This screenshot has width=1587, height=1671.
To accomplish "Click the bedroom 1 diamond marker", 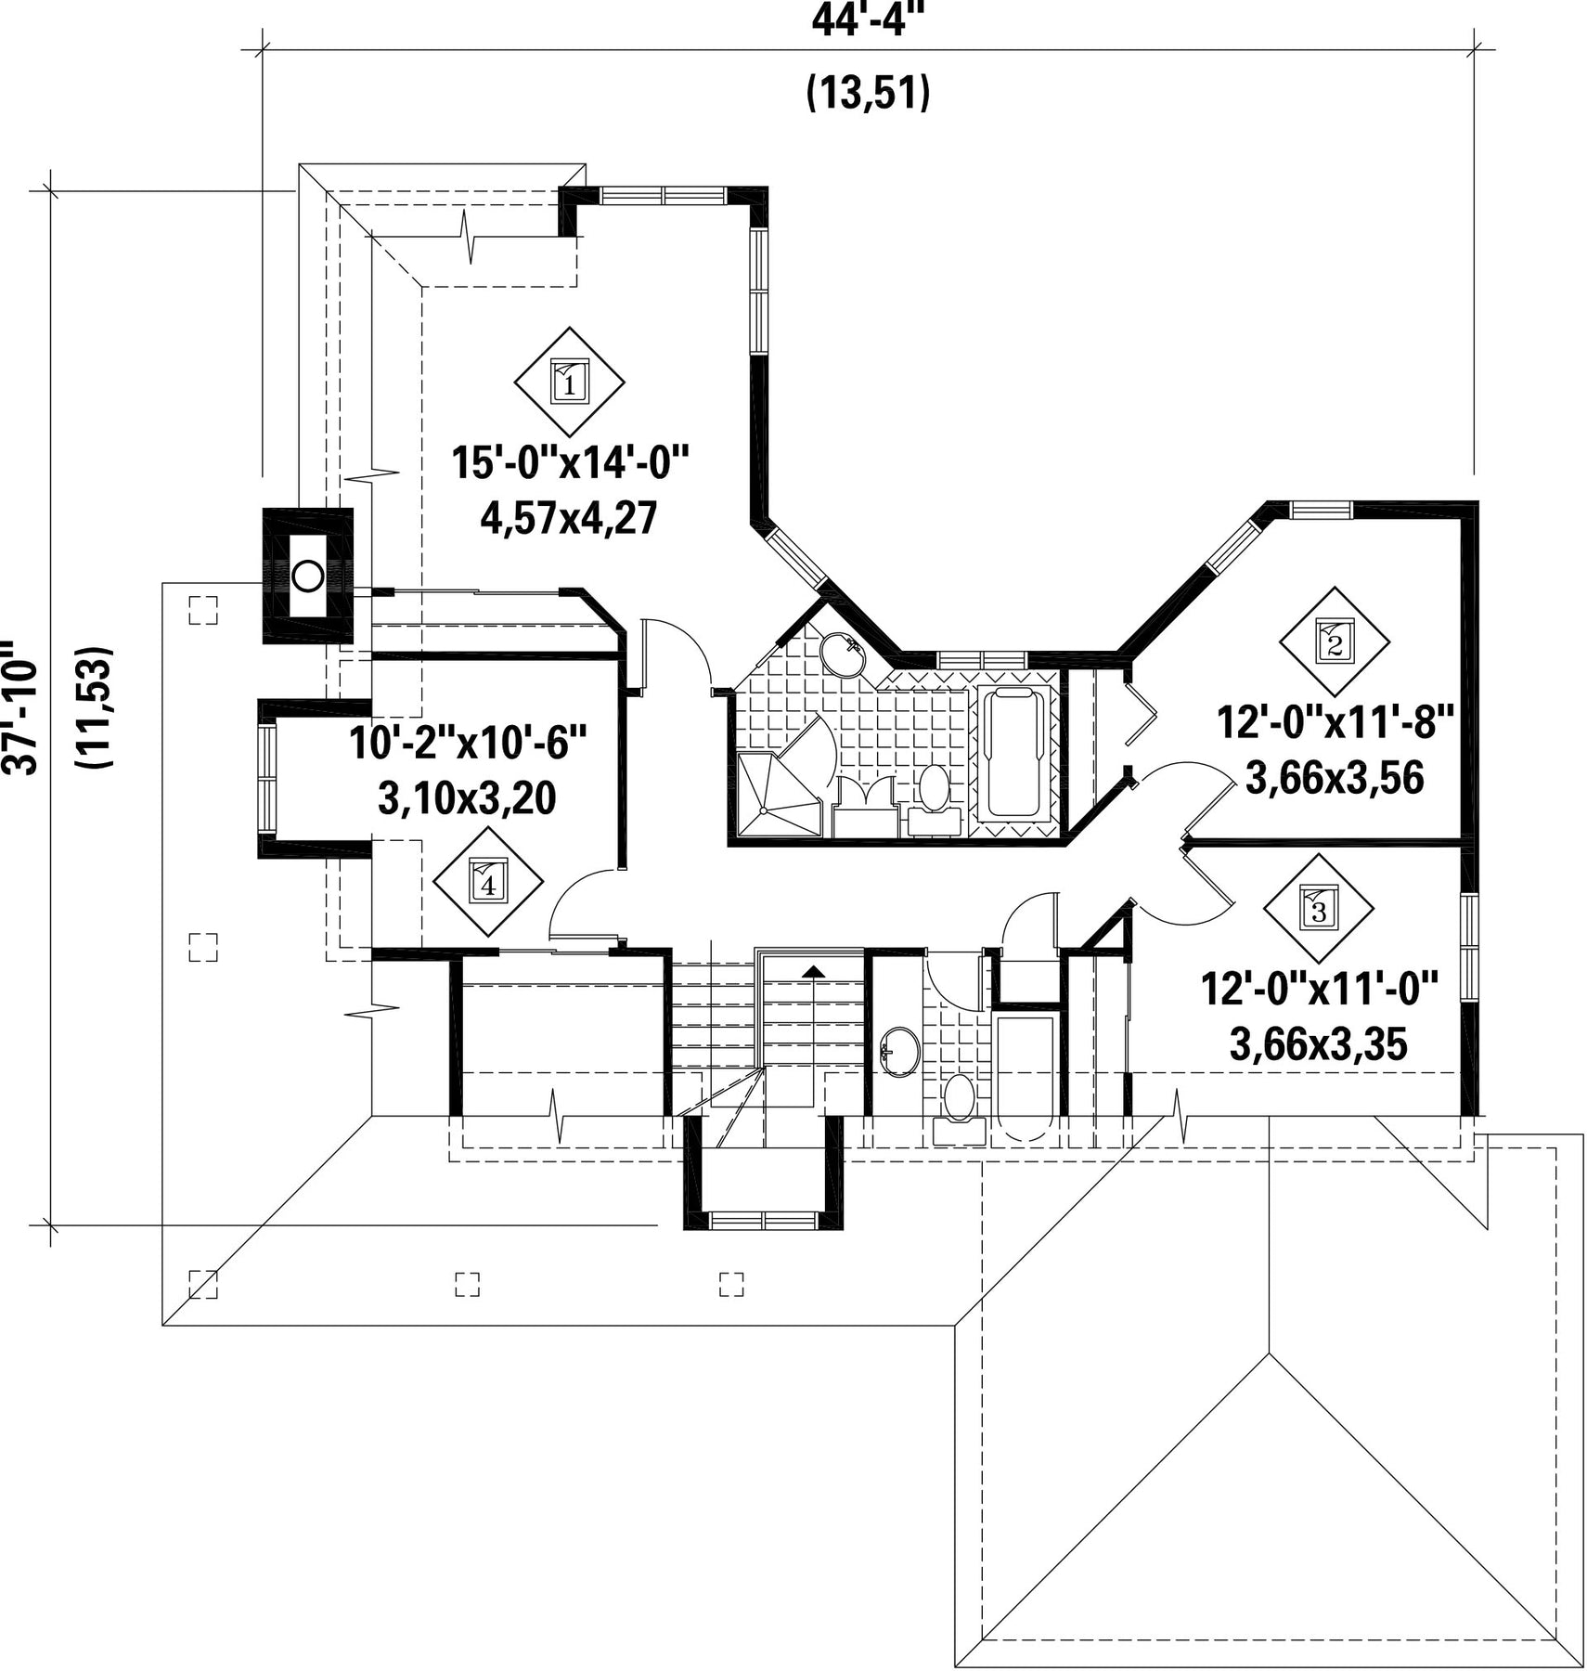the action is [569, 381].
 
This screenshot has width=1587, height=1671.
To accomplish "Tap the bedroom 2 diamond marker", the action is [1334, 641].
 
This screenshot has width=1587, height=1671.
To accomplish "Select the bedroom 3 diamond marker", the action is [1318, 908].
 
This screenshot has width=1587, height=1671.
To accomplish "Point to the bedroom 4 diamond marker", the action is [488, 882].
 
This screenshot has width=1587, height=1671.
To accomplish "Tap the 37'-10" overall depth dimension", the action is [20, 706].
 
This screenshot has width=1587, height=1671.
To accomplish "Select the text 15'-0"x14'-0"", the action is [572, 463].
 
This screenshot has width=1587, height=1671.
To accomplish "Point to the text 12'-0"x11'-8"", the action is [1335, 721].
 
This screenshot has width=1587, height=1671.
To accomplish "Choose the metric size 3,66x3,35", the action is [1319, 1044].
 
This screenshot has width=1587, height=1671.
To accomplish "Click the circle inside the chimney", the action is [307, 576].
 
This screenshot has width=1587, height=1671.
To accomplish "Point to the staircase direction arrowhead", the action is [814, 971].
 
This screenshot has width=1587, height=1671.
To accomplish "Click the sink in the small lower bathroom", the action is [899, 1052].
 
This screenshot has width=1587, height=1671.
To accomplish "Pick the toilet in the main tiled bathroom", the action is [934, 797].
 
